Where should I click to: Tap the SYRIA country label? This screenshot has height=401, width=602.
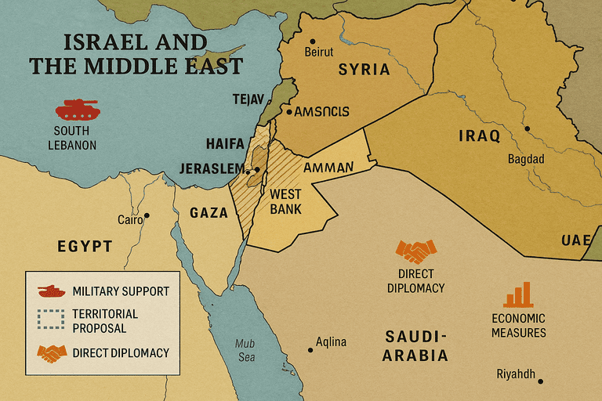364,70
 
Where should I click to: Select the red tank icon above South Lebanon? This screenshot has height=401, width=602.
76,108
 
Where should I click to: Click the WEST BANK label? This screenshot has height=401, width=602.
285,201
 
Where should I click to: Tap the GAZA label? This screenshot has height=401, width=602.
209,212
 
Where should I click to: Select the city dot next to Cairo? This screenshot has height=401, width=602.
147,215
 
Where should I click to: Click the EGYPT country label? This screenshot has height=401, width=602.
85,246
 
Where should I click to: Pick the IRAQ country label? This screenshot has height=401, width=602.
479,136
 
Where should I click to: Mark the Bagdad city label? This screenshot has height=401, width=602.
526,159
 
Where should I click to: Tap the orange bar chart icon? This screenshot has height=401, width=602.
518,294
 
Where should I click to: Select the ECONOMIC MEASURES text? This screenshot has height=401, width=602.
518,325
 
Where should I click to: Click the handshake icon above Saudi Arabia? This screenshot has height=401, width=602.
415,251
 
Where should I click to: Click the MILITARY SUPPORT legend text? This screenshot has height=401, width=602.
120,291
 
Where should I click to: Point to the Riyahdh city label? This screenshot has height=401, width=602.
516,374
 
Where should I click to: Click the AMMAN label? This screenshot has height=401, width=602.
328,168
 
